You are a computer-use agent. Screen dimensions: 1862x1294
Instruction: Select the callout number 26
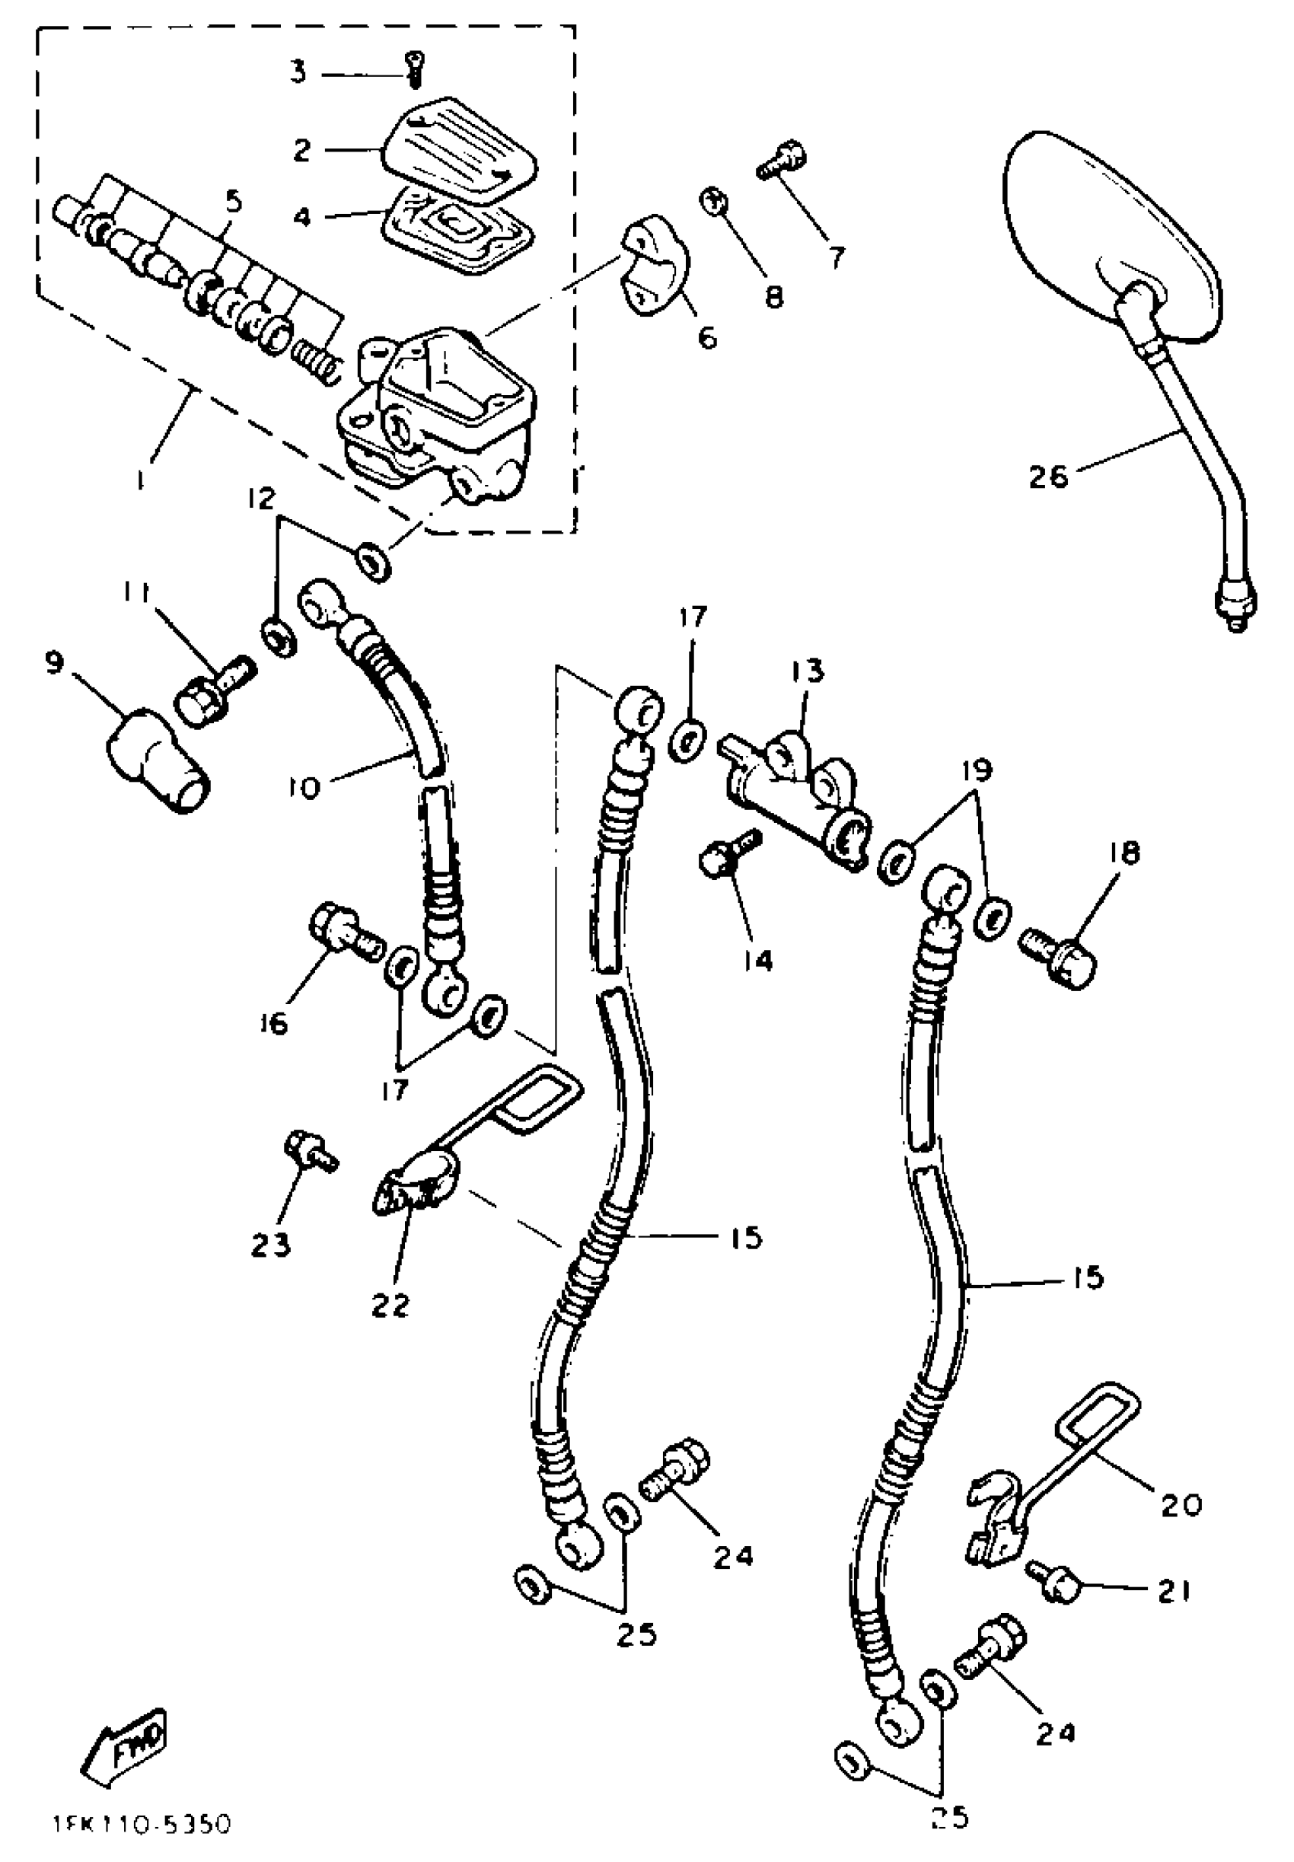pyautogui.click(x=1048, y=476)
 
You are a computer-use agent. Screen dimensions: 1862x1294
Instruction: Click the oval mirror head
pyautogui.click(x=1111, y=235)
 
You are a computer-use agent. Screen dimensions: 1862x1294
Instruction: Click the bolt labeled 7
pyautogui.click(x=781, y=160)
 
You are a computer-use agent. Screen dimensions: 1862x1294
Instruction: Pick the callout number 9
pyautogui.click(x=53, y=664)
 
